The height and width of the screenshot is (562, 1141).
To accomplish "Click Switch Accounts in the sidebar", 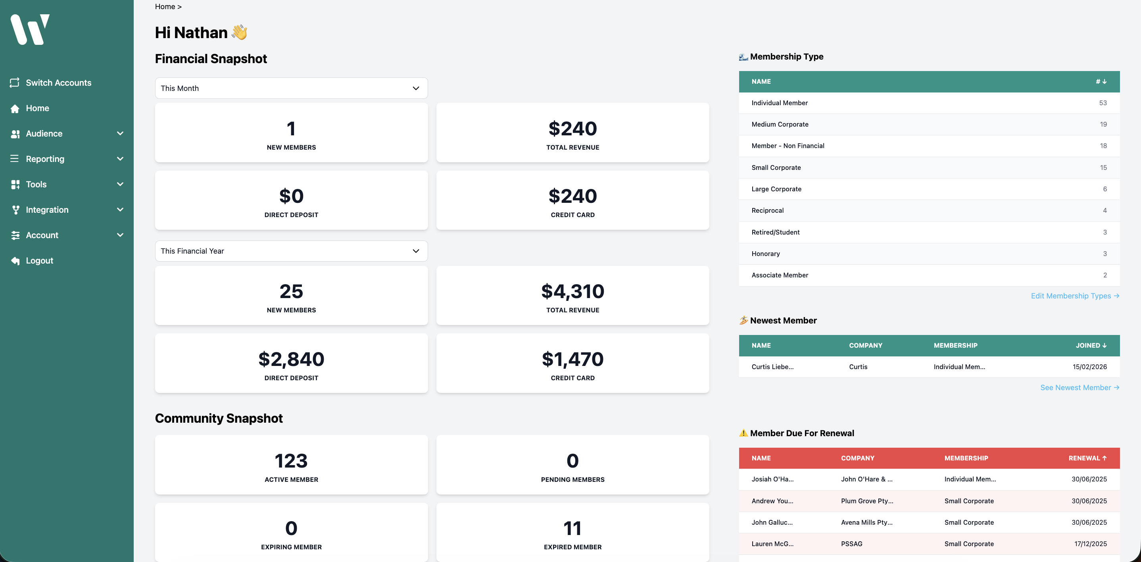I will coord(58,83).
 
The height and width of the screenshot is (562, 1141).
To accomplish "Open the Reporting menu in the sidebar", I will coord(45,159).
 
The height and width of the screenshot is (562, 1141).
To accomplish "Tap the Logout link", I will coord(39,261).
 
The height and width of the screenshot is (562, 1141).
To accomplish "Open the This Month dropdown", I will coord(291,88).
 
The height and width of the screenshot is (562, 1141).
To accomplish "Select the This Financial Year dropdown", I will coord(291,251).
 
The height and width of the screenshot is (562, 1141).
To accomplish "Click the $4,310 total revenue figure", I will coord(572,292).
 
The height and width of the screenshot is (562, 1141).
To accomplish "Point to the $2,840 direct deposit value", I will coord(291,359).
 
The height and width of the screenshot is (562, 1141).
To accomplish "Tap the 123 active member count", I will coord(291,461).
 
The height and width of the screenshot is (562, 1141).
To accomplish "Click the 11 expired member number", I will coord(572,528).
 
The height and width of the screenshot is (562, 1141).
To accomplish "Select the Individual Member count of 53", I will coord(1103,103).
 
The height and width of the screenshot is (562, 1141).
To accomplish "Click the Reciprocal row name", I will coord(767,210).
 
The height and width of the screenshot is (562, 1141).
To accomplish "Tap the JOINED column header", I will coord(1091,346).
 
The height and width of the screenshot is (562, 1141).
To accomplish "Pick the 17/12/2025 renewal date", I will coord(1090,544).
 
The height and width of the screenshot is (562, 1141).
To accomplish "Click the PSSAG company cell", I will coord(851,544).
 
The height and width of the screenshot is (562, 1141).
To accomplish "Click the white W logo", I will coord(30,29).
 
